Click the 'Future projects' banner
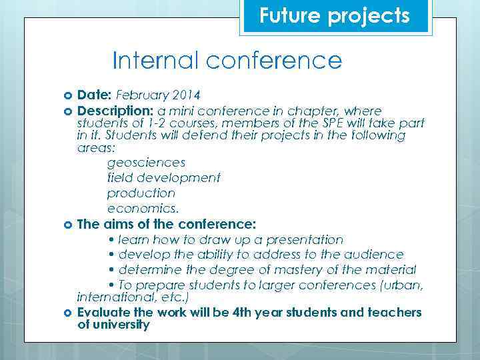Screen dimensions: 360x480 335,16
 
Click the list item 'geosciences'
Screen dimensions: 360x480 146,163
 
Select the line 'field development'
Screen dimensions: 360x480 163,178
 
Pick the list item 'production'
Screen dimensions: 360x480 141,193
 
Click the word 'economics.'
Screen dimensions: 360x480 143,209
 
